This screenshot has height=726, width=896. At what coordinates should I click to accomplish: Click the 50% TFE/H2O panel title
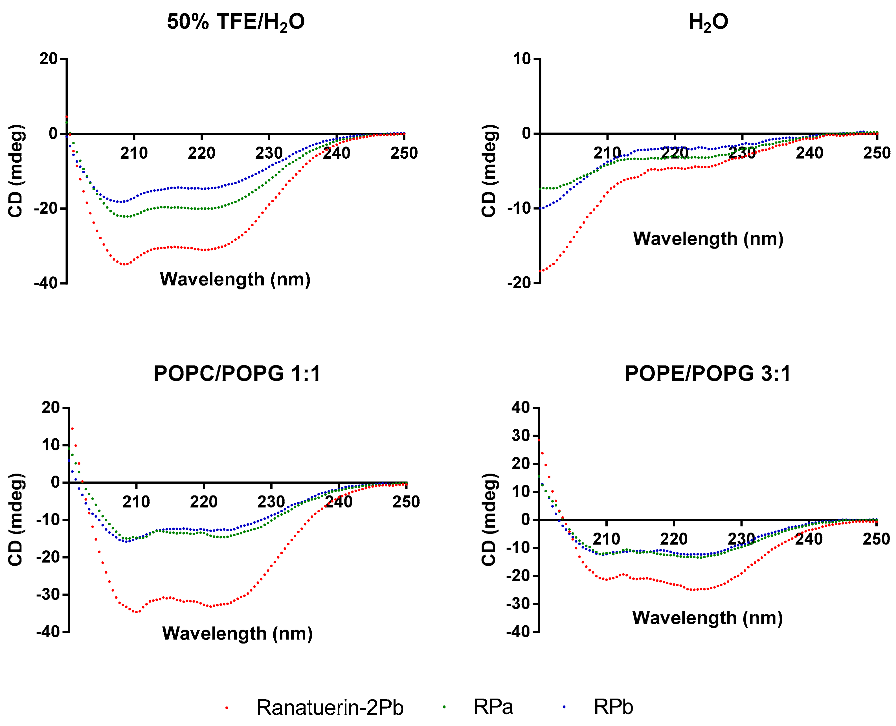point(236,22)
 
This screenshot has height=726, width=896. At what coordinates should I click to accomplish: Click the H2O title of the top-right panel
point(708,22)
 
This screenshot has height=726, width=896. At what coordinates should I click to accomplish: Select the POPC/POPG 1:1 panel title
point(237,373)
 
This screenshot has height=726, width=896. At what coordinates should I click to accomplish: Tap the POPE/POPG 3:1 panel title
point(708,373)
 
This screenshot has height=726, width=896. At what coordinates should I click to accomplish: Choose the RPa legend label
point(493,707)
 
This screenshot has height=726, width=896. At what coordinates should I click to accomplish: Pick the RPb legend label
point(613,707)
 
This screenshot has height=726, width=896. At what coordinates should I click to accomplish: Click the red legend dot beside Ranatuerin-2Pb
point(227,708)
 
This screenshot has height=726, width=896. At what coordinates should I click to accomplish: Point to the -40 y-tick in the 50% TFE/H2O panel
point(46,283)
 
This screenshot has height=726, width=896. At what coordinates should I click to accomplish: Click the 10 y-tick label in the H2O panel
point(522,59)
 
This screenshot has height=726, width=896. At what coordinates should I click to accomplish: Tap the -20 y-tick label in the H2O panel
point(519,283)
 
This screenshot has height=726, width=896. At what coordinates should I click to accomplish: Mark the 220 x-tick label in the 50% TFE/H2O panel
point(201,153)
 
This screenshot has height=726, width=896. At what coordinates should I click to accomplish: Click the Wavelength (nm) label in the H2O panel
point(708,239)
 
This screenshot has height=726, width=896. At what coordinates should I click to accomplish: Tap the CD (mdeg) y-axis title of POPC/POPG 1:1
point(16,520)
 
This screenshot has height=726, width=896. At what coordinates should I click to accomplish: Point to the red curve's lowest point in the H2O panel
point(541,271)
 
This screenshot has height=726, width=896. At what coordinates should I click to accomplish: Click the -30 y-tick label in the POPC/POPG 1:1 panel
point(49,594)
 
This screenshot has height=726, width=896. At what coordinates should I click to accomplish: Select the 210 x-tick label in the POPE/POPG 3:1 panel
point(606,539)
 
